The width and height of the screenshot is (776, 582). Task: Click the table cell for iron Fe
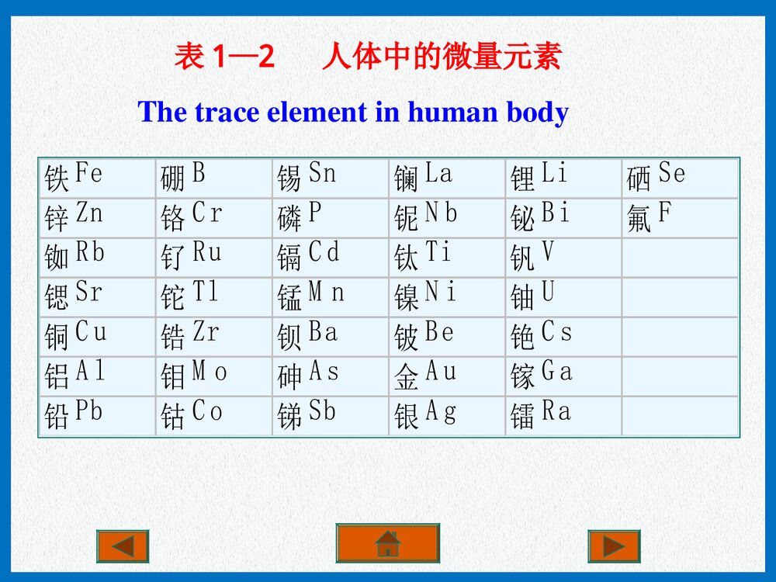pyautogui.click(x=97, y=178)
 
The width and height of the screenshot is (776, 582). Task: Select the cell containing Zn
pyautogui.click(x=97, y=217)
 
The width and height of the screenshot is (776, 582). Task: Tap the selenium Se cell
pyautogui.click(x=680, y=178)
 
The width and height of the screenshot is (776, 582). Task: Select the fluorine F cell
pyautogui.click(x=680, y=217)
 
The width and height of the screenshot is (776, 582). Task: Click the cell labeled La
pyautogui.click(x=447, y=178)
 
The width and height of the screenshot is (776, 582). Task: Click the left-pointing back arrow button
pyautogui.click(x=122, y=546)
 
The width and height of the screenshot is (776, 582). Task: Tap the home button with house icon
pyautogui.click(x=387, y=542)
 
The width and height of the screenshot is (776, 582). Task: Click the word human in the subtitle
pyautogui.click(x=455, y=113)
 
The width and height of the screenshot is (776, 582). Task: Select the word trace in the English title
pyautogui.click(x=227, y=113)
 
